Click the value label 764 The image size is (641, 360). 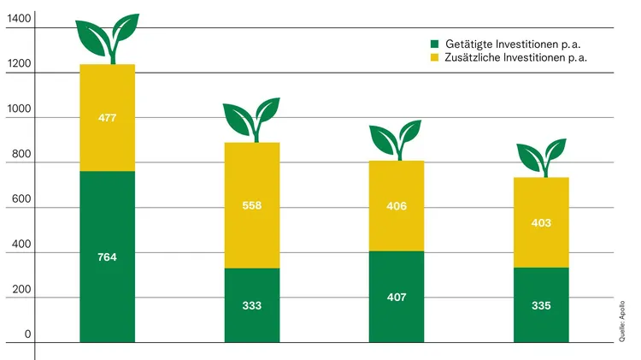(107, 257)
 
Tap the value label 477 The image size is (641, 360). (107, 118)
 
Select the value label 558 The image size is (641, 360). (251, 205)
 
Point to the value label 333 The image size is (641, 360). (251, 305)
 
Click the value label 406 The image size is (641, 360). (397, 206)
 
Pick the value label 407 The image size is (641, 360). (397, 297)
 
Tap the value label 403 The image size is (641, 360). (541, 223)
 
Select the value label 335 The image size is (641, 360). (541, 305)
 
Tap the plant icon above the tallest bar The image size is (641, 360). (108, 38)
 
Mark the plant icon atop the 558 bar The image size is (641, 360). (251, 119)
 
